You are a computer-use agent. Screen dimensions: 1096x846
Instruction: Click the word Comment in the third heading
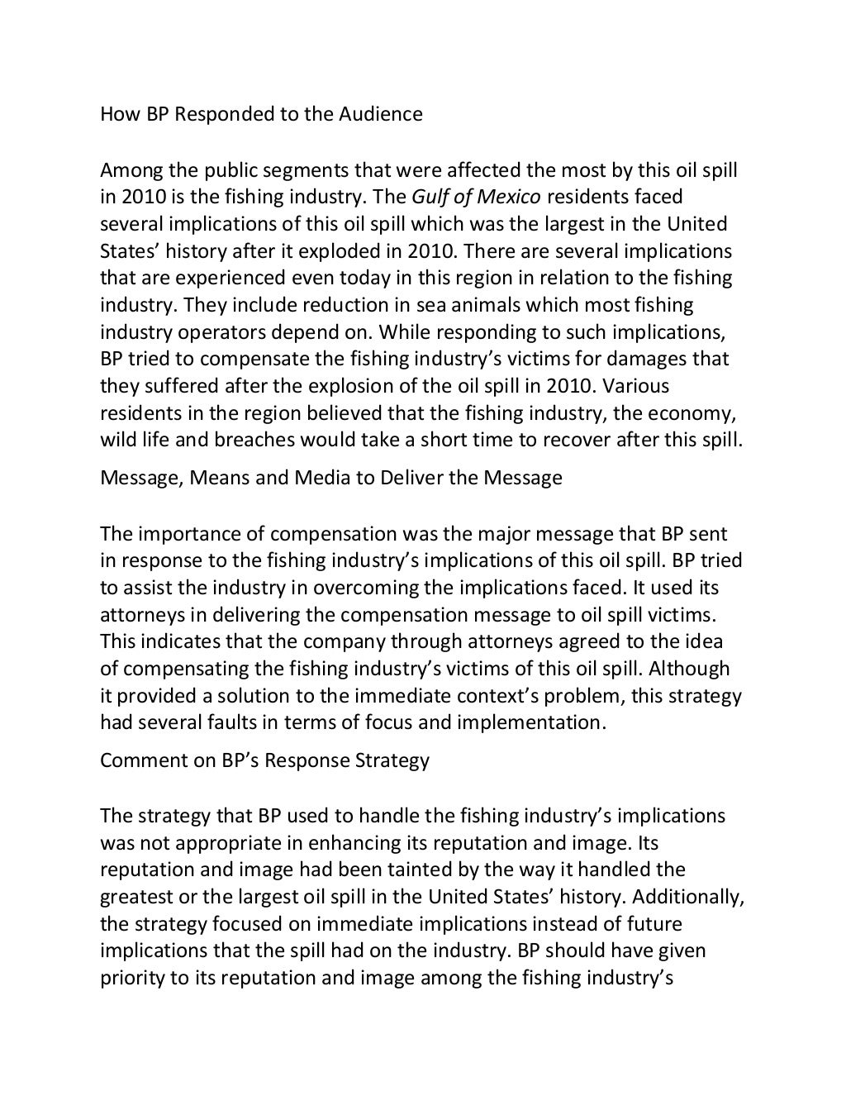[135, 760]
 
